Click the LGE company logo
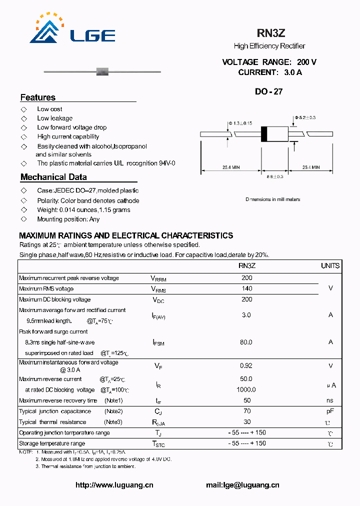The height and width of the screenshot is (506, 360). (x=72, y=29)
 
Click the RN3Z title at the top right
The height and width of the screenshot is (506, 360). (x=270, y=33)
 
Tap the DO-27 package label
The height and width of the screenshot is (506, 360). (x=269, y=91)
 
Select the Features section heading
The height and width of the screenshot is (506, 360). (x=38, y=97)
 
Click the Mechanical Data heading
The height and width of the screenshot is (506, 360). (x=53, y=177)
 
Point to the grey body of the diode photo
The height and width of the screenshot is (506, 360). (x=102, y=72)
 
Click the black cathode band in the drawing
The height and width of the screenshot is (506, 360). (x=264, y=134)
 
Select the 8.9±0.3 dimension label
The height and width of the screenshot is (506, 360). (x=274, y=176)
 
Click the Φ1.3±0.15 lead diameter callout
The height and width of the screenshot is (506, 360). (x=240, y=123)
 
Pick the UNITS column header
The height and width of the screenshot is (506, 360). (x=330, y=266)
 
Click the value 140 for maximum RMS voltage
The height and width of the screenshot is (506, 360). (x=246, y=288)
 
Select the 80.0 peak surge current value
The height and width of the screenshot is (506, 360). (x=246, y=342)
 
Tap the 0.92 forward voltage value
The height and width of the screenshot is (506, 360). (x=246, y=365)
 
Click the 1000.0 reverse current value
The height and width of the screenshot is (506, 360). (x=246, y=389)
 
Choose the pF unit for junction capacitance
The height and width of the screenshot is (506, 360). (x=330, y=411)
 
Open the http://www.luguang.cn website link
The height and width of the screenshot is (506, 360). (x=114, y=485)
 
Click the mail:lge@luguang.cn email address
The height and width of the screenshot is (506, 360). (x=242, y=485)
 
